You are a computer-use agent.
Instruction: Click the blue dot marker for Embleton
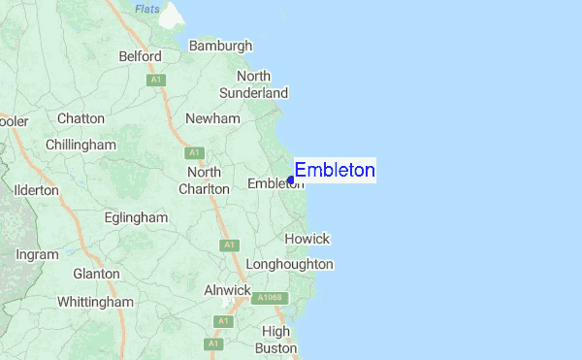point(291,180)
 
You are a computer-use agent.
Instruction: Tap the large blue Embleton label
point(335,171)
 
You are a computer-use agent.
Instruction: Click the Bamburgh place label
point(220,46)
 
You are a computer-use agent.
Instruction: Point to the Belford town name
point(140,57)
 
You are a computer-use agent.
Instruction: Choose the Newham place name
point(212,118)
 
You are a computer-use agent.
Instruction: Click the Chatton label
point(81,118)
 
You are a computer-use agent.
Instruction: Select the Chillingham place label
point(81,145)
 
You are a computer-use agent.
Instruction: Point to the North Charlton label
point(204,180)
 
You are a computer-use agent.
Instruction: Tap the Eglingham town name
point(137,218)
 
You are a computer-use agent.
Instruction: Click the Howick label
point(307,239)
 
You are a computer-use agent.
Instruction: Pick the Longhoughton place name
point(290,264)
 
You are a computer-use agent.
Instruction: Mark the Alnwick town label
point(227,290)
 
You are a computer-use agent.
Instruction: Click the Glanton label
point(96,275)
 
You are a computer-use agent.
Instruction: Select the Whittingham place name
point(95,303)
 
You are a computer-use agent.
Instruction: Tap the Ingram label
point(37,254)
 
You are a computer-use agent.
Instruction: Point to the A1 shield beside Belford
point(155,81)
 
